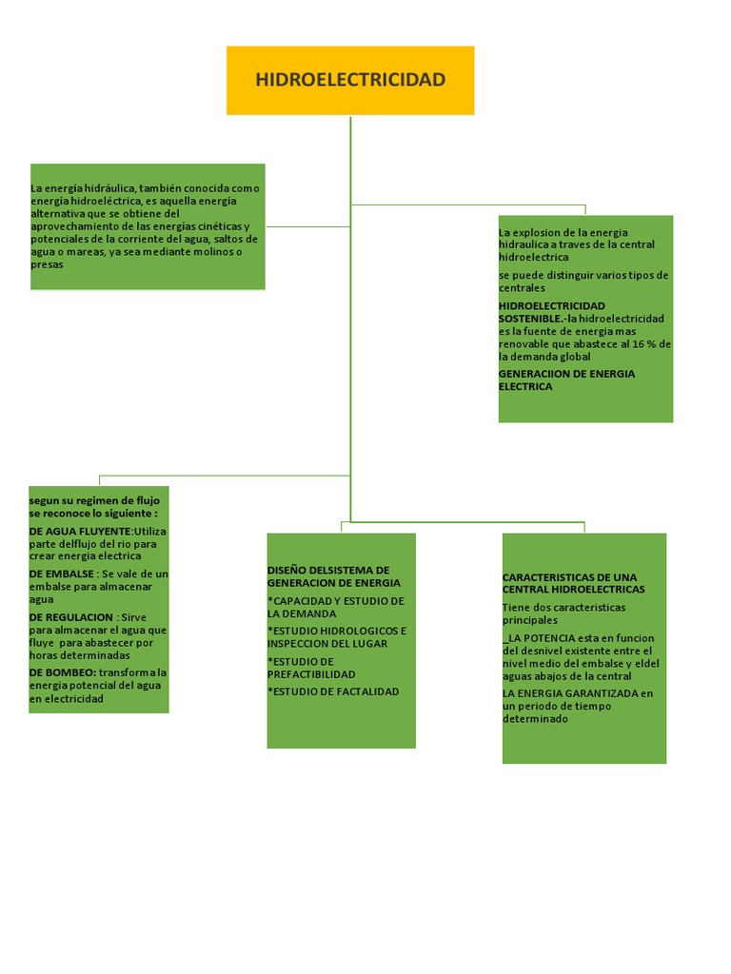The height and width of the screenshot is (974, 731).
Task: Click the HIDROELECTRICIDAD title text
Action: click(350, 80)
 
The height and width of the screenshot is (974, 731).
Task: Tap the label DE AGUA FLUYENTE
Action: click(81, 531)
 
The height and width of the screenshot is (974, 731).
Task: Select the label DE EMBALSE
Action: click(62, 575)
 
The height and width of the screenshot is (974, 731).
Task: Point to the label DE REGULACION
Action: click(71, 617)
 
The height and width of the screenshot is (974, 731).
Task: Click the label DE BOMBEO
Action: click(63, 672)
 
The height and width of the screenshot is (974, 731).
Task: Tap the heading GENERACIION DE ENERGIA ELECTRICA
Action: click(566, 380)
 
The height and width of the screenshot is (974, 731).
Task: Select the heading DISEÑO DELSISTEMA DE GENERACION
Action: click(333, 576)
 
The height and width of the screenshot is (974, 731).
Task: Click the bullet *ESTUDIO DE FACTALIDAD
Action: click(333, 692)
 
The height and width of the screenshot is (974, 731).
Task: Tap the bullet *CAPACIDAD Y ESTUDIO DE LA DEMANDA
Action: click(335, 607)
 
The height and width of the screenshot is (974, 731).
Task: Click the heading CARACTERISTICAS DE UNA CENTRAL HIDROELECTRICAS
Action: click(573, 583)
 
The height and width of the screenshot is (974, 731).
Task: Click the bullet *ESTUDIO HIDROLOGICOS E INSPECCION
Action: click(336, 637)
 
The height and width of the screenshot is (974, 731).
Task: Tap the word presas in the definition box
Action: click(47, 264)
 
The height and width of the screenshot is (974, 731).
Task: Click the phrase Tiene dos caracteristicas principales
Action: click(563, 613)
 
